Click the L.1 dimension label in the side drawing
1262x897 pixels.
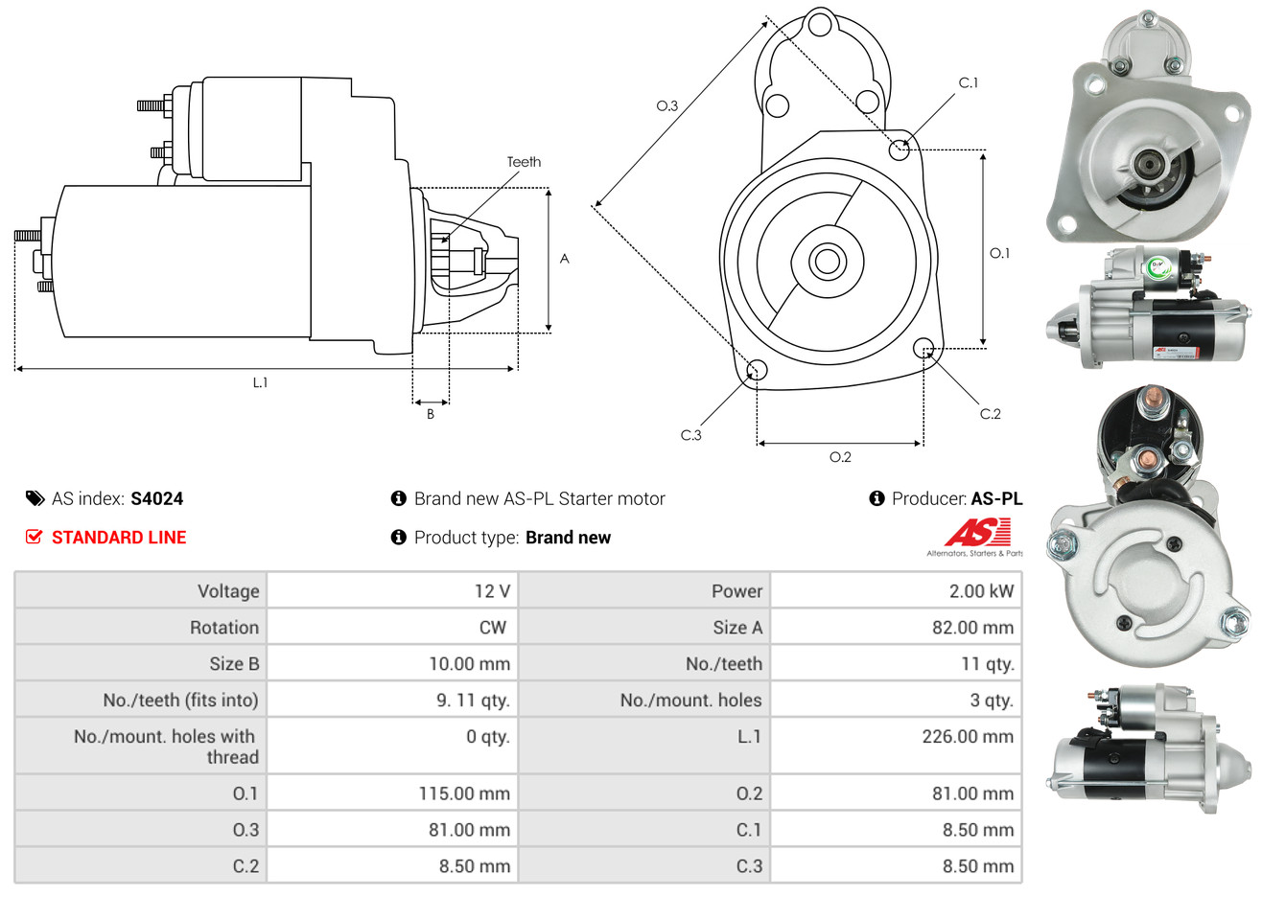pyautogui.click(x=260, y=382)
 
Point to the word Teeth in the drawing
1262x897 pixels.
pyautogui.click(x=524, y=162)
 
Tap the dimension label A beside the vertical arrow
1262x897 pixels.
pyautogui.click(x=565, y=259)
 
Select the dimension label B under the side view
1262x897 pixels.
pyautogui.click(x=431, y=414)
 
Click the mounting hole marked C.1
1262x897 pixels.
pyautogui.click(x=900, y=149)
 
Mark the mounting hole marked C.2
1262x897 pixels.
pyautogui.click(x=924, y=347)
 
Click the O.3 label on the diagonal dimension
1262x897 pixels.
pyautogui.click(x=667, y=105)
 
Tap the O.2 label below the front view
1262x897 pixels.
pyautogui.click(x=840, y=457)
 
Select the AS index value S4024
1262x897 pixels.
pyautogui.click(x=156, y=498)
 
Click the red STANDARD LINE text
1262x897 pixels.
pyautogui.click(x=119, y=538)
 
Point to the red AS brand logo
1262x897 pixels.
pyautogui.click(x=977, y=533)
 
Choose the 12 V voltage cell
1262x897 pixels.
pyautogui.click(x=492, y=591)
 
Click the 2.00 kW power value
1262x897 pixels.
pyautogui.click(x=981, y=591)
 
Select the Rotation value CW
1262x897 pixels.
pyautogui.click(x=492, y=628)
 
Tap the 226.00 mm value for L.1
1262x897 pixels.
pyautogui.click(x=968, y=737)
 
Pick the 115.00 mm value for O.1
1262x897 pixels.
pyautogui.click(x=464, y=793)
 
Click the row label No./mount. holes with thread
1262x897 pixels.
pyautogui.click(x=166, y=747)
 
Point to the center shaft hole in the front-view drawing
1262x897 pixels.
pyautogui.click(x=826, y=261)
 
